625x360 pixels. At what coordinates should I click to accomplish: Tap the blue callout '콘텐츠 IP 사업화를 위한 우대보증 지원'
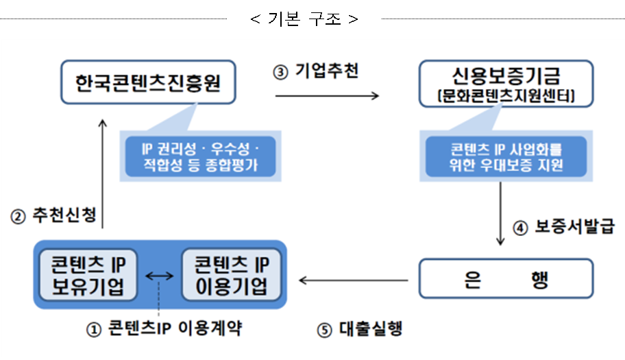[x=505, y=155]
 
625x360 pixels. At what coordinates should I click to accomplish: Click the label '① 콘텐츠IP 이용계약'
[x=164, y=329]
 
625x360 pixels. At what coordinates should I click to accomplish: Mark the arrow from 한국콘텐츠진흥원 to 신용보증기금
[x=327, y=97]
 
